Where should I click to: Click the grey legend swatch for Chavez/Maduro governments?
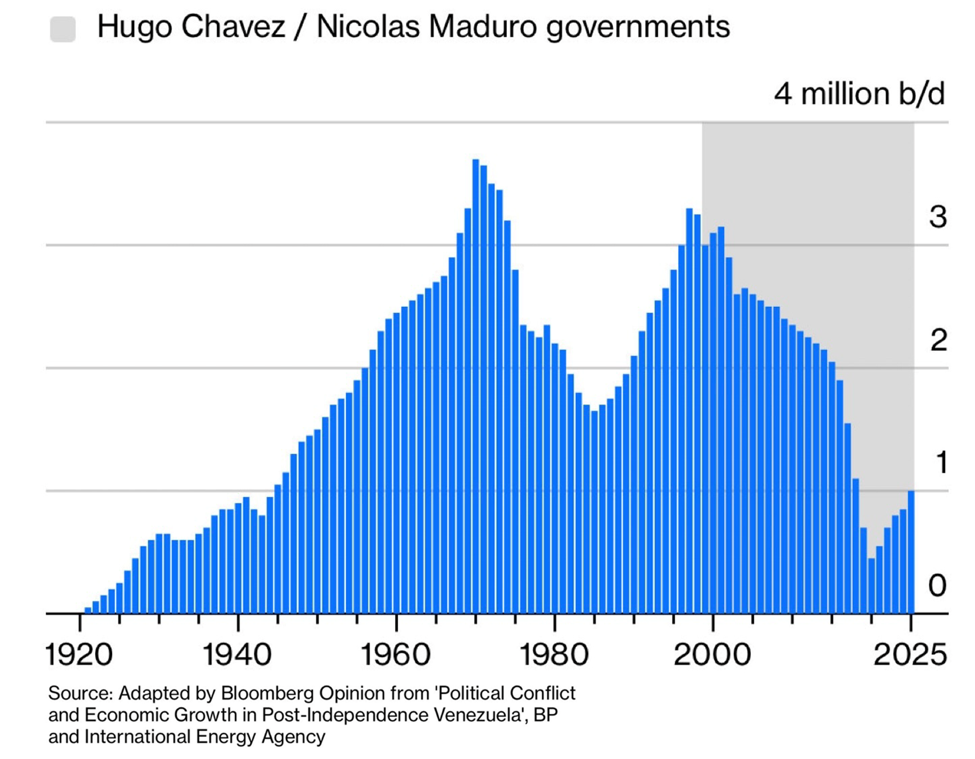coord(63,29)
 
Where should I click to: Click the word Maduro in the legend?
coord(483,27)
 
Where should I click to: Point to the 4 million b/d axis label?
coord(859,94)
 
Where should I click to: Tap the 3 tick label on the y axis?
coord(938,217)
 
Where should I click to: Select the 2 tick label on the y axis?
coord(938,341)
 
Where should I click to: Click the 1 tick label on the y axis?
coord(941,462)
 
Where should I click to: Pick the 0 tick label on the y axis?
coord(937,585)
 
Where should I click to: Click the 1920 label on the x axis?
coord(79,655)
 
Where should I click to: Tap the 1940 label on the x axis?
coord(237,655)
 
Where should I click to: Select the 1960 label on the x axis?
coord(395,655)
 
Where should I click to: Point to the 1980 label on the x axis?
coord(554,655)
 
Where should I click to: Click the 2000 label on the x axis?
coord(712,655)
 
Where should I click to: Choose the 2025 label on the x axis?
coord(910,655)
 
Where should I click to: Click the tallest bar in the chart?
coord(476,385)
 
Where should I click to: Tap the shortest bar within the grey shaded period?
coord(871,586)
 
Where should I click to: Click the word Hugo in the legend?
coord(135,27)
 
